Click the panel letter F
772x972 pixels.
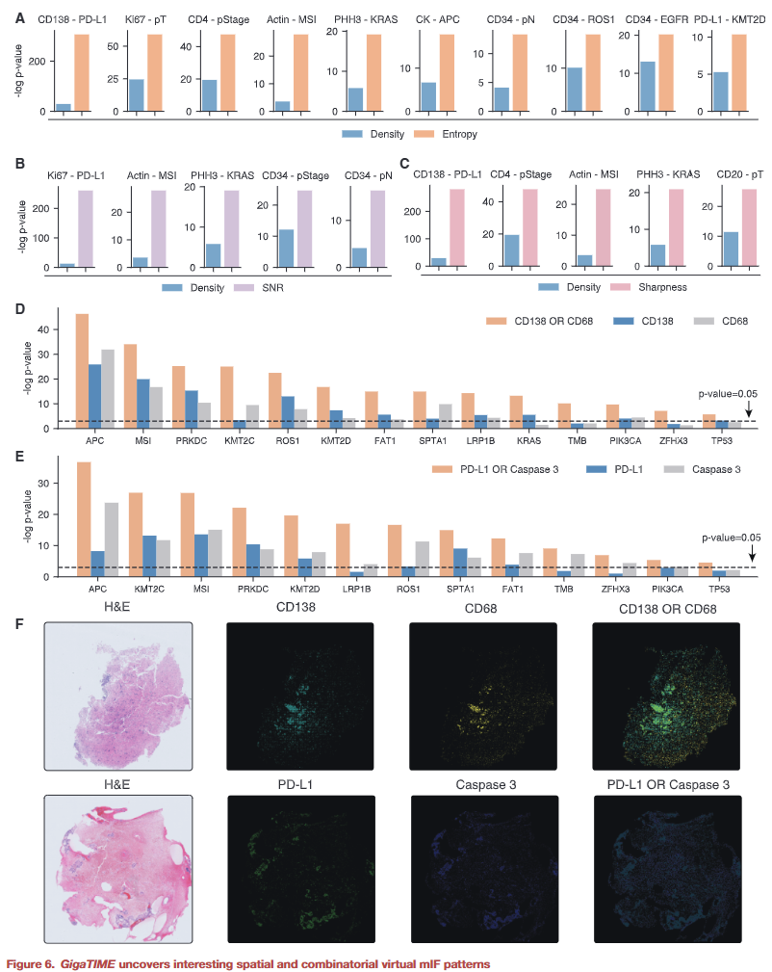[21, 623]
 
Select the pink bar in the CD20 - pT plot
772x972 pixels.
[749, 227]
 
